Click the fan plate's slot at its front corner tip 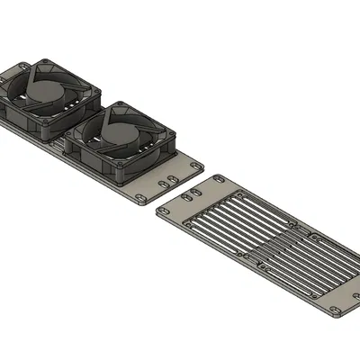click(143, 198)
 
